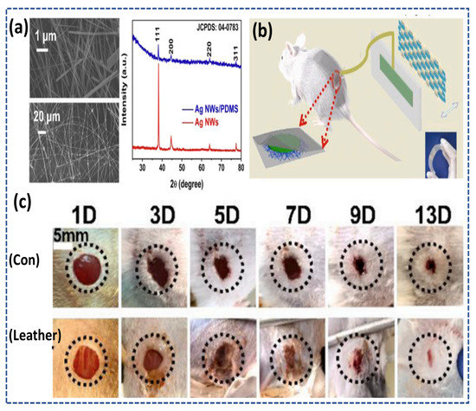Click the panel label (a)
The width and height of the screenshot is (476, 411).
coord(15,19)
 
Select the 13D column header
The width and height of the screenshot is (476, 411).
coord(426,214)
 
